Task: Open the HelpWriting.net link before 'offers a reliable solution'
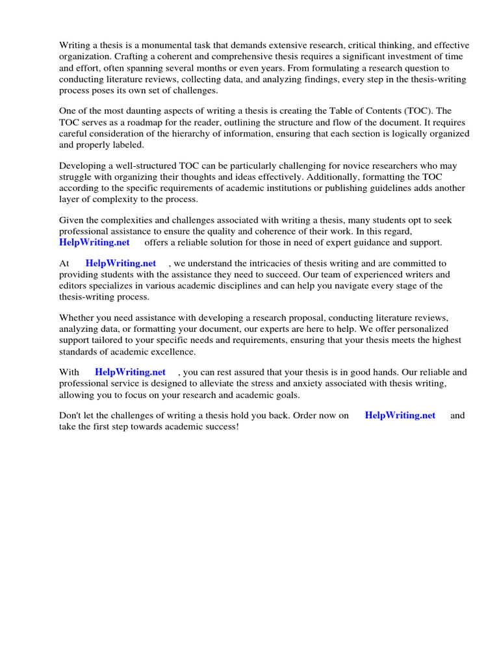(94, 242)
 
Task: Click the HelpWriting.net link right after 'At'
(121, 263)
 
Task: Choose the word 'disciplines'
(238, 286)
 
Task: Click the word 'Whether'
(76, 318)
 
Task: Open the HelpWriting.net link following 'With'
(130, 372)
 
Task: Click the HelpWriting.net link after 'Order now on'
(400, 416)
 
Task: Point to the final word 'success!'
(222, 427)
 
